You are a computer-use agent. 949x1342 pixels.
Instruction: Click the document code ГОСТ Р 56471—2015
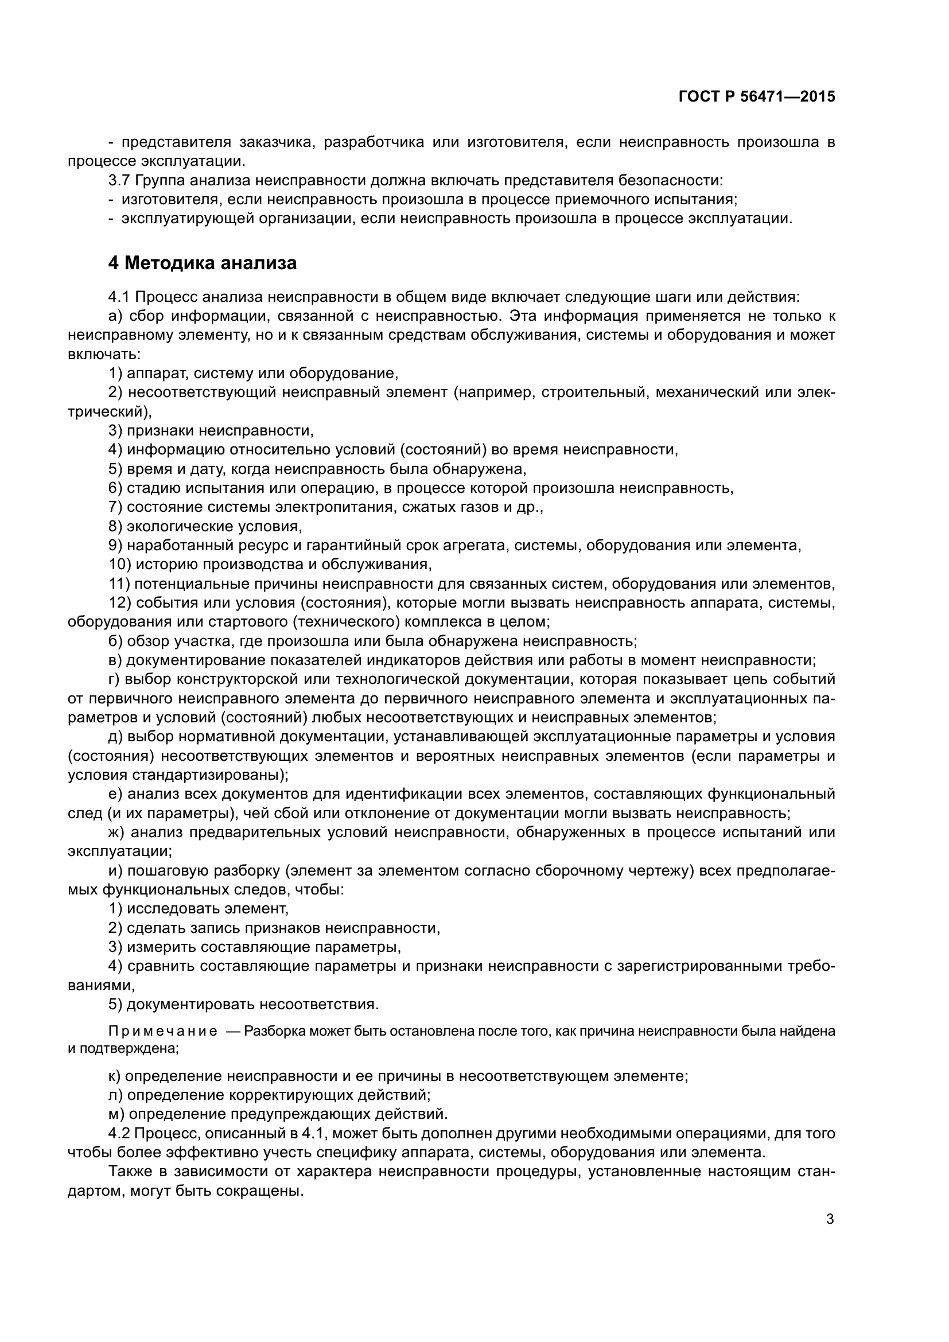pyautogui.click(x=757, y=97)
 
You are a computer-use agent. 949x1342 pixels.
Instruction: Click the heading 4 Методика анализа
pyautogui.click(x=202, y=263)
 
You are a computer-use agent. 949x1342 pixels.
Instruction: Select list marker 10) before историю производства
pyautogui.click(x=120, y=565)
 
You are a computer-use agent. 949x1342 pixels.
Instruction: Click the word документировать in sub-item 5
pyautogui.click(x=190, y=1005)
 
